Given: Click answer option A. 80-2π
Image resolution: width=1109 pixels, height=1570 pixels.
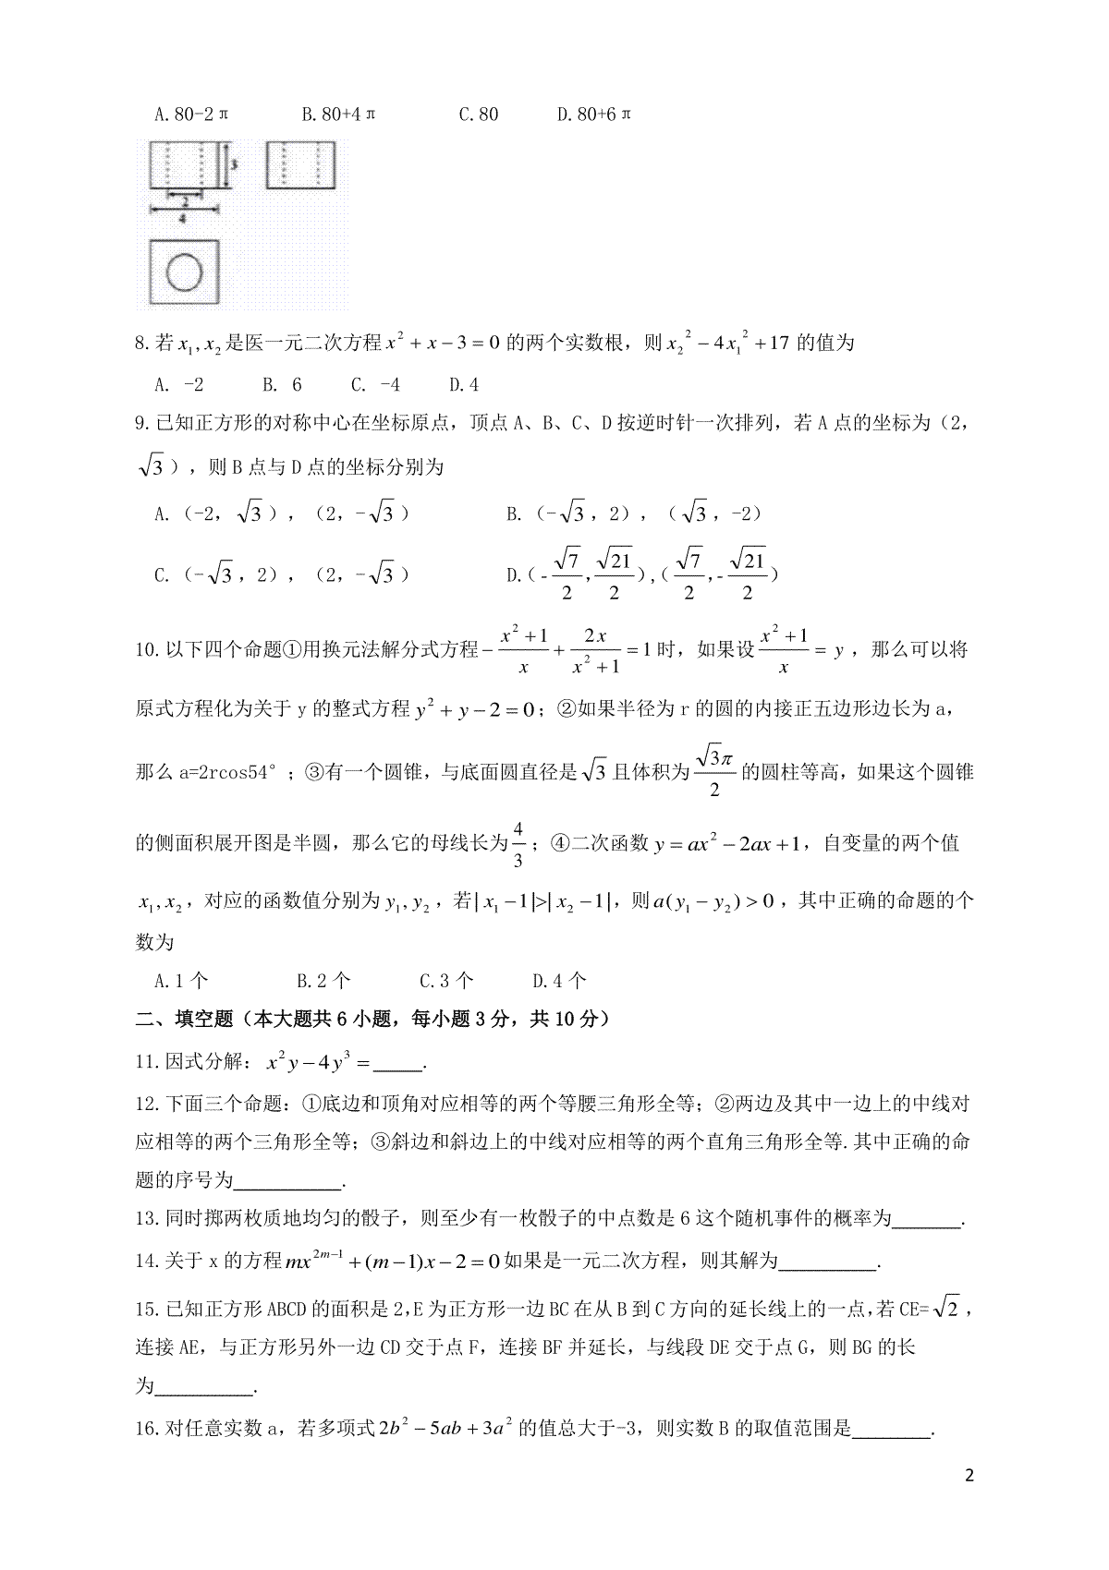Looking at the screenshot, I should pyautogui.click(x=191, y=115).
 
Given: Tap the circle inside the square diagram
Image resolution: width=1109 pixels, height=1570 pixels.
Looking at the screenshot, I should pyautogui.click(x=184, y=272).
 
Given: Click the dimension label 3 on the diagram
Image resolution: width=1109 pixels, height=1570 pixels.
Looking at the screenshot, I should pyautogui.click(x=235, y=164).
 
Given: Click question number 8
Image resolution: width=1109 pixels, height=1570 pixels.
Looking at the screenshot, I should pyautogui.click(x=143, y=344).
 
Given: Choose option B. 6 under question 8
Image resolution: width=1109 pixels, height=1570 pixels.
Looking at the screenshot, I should pyautogui.click(x=282, y=384).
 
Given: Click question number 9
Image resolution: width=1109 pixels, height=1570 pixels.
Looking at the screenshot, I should pyautogui.click(x=143, y=424).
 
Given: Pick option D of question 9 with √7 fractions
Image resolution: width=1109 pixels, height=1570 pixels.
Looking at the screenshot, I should pyautogui.click(x=642, y=574).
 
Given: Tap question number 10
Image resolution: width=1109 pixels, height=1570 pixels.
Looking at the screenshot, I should pyautogui.click(x=148, y=649).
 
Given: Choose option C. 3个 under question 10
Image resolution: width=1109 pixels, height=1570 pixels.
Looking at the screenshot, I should pyautogui.click(x=446, y=980).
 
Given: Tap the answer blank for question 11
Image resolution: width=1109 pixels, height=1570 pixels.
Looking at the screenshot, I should pyautogui.click(x=398, y=1064).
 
